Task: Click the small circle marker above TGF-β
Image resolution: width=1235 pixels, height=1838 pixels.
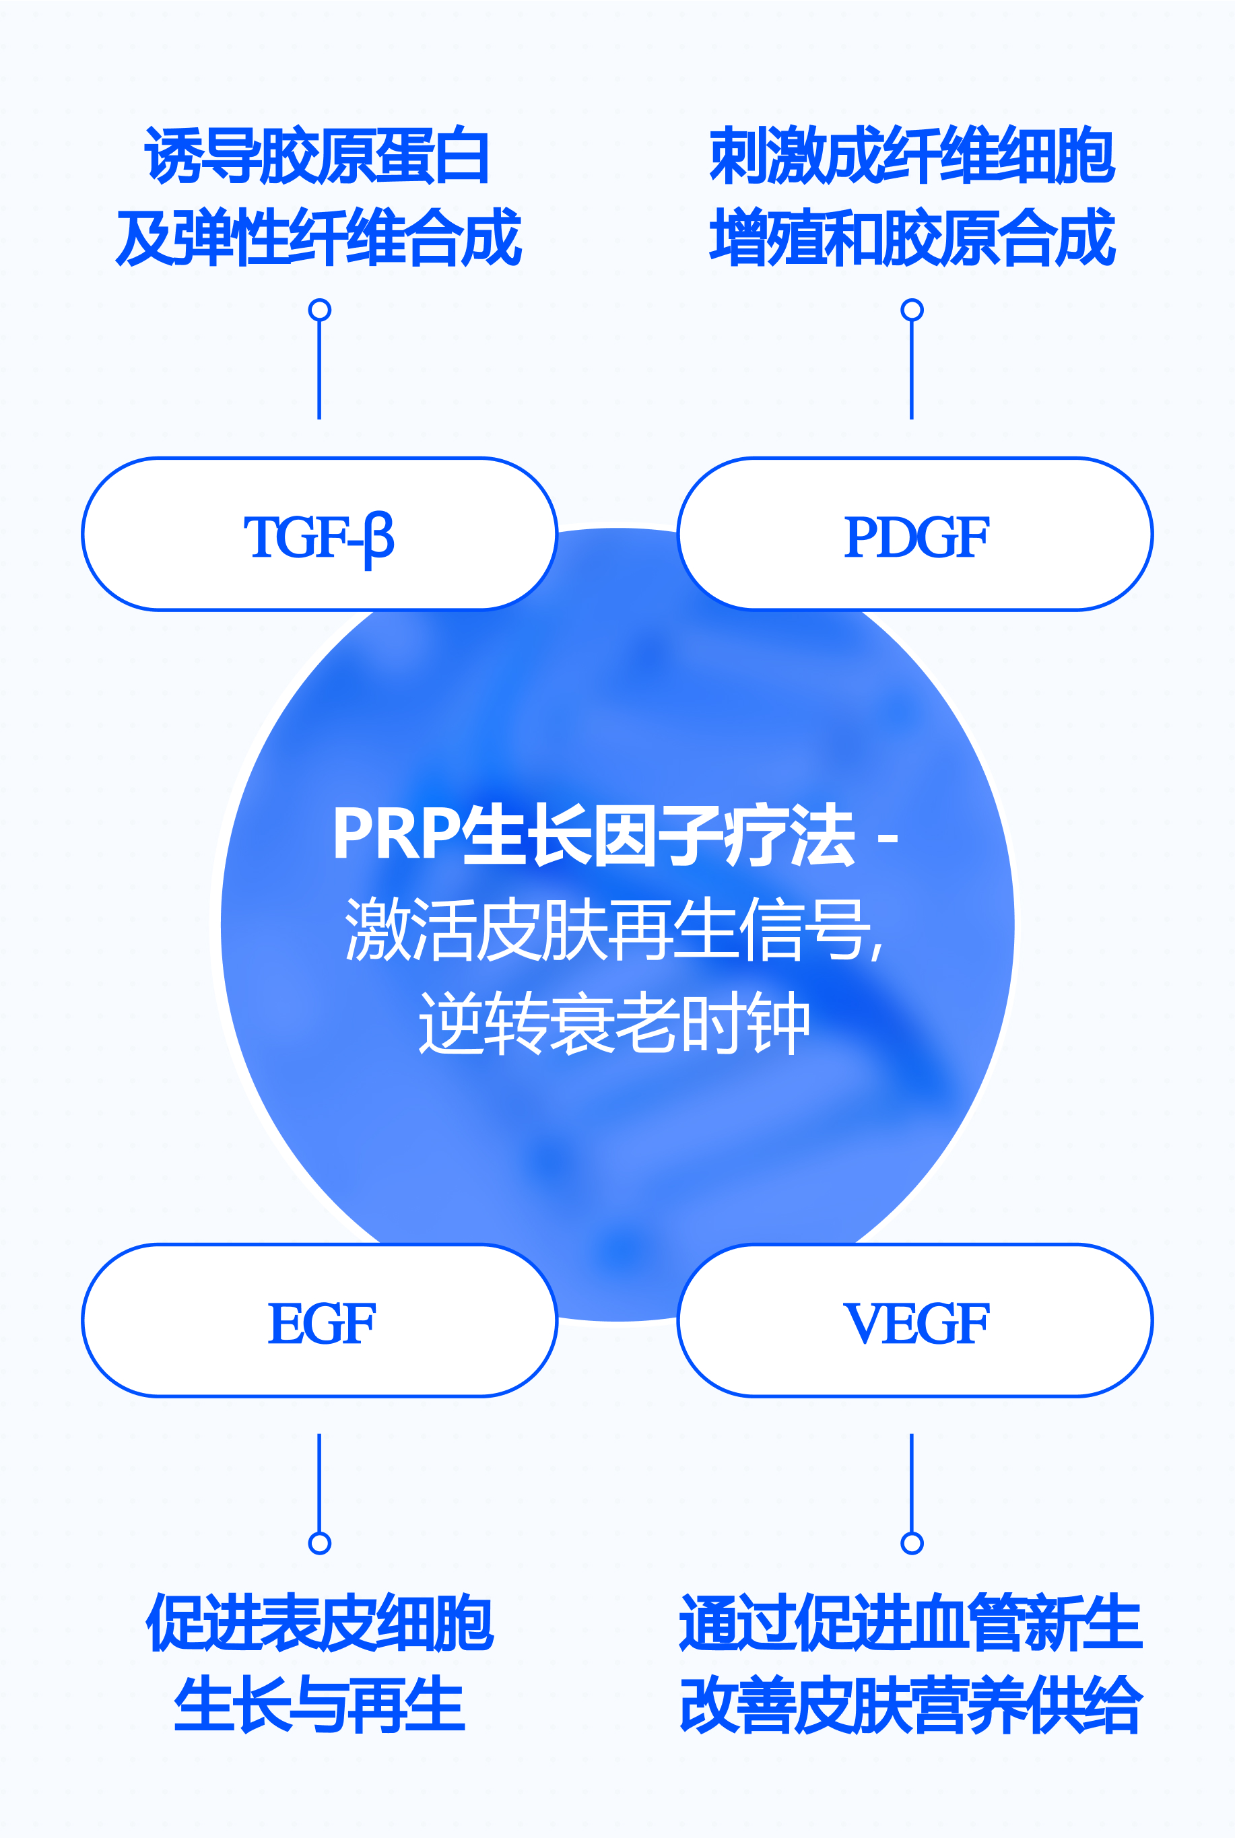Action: (x=319, y=310)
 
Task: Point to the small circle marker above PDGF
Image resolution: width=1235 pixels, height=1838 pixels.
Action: (x=912, y=310)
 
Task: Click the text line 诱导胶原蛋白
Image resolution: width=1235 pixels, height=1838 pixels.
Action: (x=317, y=156)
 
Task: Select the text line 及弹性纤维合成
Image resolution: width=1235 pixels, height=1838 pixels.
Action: (x=319, y=237)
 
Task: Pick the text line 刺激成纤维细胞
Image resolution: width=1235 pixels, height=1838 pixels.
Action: (x=912, y=156)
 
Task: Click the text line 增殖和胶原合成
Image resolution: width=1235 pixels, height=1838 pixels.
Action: (x=912, y=237)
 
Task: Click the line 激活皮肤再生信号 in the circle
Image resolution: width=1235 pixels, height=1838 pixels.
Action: (x=614, y=929)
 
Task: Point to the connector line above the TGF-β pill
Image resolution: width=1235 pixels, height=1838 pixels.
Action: (x=319, y=370)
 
